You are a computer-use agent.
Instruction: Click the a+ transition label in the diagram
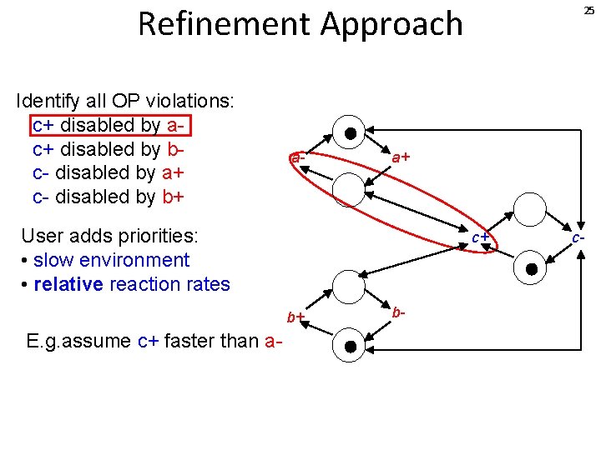[x=401, y=156]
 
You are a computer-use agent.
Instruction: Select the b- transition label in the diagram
[x=399, y=312]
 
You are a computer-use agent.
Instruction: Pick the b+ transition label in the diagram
[x=295, y=317]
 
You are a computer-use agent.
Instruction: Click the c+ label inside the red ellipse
[x=479, y=237]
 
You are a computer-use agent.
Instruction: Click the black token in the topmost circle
[x=351, y=133]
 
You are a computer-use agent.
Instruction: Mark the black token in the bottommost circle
[x=351, y=346]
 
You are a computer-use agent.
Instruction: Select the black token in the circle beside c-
[x=531, y=268]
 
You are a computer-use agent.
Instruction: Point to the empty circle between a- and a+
[x=349, y=189]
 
